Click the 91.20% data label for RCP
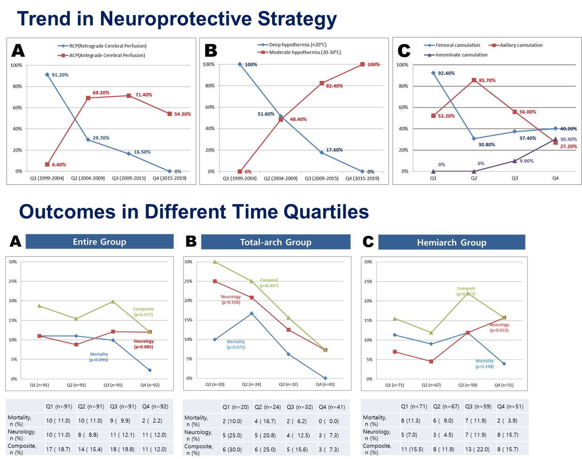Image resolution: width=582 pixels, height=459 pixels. pos(60,75)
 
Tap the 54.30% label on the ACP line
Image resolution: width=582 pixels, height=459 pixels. pos(182,114)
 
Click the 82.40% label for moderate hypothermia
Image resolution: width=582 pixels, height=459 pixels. pos(334,86)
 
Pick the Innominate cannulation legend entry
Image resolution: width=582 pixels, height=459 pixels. pos(461,55)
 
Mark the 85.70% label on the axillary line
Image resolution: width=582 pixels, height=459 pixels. pos(487,80)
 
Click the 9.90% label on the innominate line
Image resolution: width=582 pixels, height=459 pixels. pos(526,161)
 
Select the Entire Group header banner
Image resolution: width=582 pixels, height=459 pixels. pos(99,242)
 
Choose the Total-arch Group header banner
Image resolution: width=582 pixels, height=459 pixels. pos(276,242)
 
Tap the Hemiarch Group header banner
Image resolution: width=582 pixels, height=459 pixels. pos(452,243)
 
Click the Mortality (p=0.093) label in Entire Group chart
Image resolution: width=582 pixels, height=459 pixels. pos(99,357)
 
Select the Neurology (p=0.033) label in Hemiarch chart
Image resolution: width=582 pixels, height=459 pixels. pos(499,328)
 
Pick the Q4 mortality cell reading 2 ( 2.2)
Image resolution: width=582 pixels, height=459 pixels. pos(152,421)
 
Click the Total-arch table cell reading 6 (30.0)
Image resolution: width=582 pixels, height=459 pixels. pos(232,449)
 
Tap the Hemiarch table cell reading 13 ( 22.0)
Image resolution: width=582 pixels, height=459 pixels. pos(477,449)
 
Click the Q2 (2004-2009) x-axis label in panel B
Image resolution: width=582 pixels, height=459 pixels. pos(280,178)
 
